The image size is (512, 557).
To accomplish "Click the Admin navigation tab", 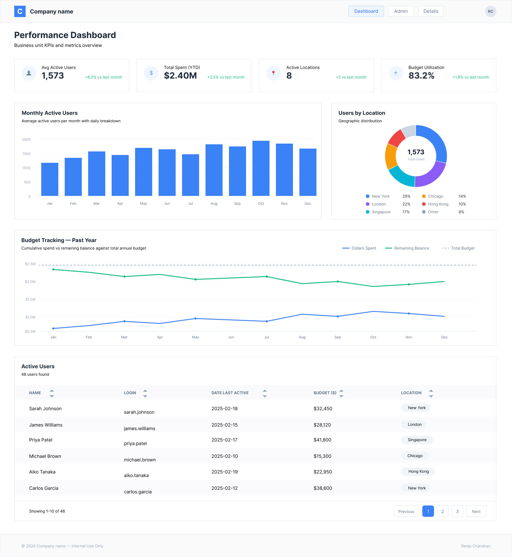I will pyautogui.click(x=401, y=11).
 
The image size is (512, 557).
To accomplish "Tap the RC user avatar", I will pyautogui.click(x=490, y=11).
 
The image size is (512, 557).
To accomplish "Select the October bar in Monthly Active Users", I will pyautogui.click(x=261, y=168).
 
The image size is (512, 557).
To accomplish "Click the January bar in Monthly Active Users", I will pyautogui.click(x=50, y=179).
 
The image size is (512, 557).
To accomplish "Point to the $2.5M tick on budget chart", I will pyautogui.click(x=30, y=264).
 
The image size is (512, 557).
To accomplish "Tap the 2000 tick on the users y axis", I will pyautogui.click(x=26, y=139).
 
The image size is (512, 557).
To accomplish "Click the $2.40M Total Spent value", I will pyautogui.click(x=180, y=76).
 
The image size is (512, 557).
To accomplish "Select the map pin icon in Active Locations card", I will pyautogui.click(x=273, y=73).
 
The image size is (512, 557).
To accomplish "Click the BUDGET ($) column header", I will pyautogui.click(x=325, y=393).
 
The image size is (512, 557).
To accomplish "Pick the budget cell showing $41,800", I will pyautogui.click(x=322, y=440).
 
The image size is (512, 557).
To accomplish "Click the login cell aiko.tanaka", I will pyautogui.click(x=136, y=475).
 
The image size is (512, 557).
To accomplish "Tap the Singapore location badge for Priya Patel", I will pyautogui.click(x=417, y=440).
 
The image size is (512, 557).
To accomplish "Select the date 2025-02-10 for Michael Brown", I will pyautogui.click(x=224, y=456).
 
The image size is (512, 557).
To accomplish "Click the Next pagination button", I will pyautogui.click(x=476, y=512).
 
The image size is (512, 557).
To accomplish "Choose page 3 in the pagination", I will pyautogui.click(x=457, y=512).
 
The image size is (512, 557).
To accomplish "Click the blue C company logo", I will pyautogui.click(x=20, y=11).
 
